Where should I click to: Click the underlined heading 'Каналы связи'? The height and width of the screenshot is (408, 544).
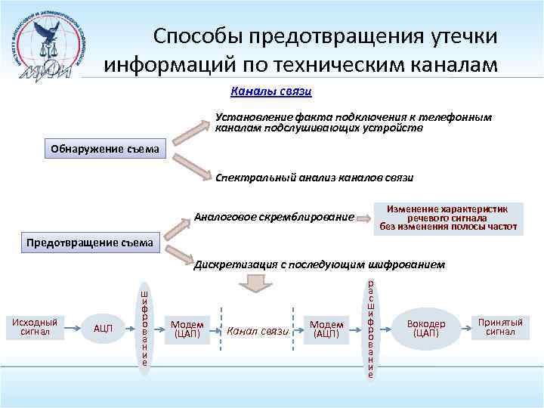[x=271, y=91]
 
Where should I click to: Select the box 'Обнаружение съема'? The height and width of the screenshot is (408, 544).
[x=104, y=149]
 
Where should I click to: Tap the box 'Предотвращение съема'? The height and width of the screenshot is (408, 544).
[x=91, y=243]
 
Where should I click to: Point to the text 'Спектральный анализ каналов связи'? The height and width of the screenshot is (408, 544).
[x=314, y=178]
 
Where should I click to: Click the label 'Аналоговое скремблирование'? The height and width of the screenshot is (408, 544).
[x=274, y=218]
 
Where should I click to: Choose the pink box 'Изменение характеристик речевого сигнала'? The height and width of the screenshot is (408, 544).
[x=448, y=217]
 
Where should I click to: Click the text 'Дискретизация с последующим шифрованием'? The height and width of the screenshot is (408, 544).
[x=320, y=265]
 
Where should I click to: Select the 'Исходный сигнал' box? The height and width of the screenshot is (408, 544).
[x=35, y=326]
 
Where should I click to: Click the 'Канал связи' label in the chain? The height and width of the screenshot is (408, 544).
[x=258, y=330]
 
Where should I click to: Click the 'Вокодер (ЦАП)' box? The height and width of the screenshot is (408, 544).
[x=427, y=327]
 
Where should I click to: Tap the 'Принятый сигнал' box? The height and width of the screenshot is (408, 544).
[x=500, y=326]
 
